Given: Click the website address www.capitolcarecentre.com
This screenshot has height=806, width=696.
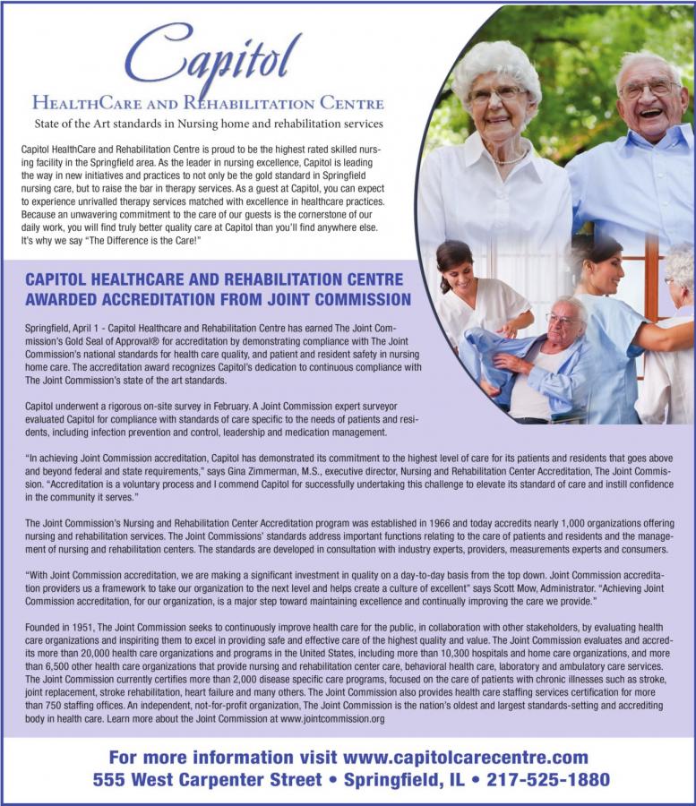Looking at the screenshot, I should pyautogui.click(x=466, y=758).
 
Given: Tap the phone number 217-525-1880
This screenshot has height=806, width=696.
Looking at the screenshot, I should pyautogui.click(x=547, y=779).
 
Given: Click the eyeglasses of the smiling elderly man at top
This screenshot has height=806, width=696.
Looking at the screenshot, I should pyautogui.click(x=650, y=88).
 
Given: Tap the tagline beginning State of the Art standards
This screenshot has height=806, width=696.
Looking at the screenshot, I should pyautogui.click(x=208, y=123).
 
